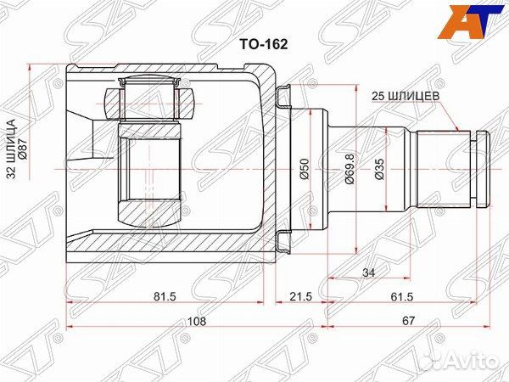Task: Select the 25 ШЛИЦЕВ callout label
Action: [405, 97]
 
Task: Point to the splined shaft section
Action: [445, 168]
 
